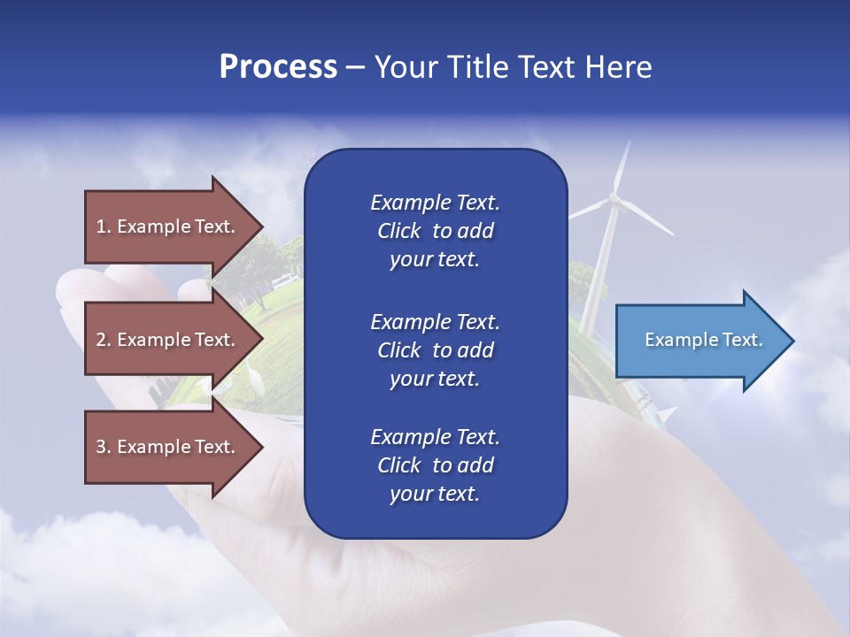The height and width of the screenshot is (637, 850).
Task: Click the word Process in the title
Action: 278,67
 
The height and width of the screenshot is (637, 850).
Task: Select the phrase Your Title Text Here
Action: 513,67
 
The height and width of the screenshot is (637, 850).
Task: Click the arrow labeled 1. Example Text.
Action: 168,226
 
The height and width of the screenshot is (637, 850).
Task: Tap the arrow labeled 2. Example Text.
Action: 168,340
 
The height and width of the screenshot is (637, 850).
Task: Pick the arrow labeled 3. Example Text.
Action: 168,447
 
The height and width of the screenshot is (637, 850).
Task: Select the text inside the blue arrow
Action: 703,340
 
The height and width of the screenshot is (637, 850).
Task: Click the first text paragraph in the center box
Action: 435,231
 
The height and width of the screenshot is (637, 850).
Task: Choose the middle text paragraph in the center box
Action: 435,350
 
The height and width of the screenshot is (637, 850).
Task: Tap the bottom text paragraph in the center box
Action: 435,465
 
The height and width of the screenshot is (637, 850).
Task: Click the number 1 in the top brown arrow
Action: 101,226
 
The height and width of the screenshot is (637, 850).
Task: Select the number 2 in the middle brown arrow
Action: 101,340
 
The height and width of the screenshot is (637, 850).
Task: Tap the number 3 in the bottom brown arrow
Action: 101,447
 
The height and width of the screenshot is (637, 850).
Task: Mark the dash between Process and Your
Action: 355,67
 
